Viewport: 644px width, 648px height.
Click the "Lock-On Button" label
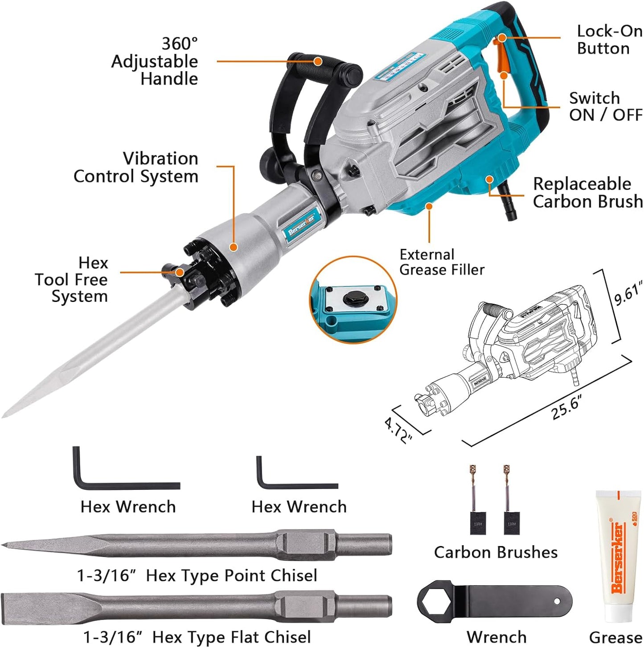[609, 40]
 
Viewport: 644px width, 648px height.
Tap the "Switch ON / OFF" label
[605, 106]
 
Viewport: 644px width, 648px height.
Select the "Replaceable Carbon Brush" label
[587, 193]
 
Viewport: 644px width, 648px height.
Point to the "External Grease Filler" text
[441, 262]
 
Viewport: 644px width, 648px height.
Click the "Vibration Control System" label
[136, 167]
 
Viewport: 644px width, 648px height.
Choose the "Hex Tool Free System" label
[72, 280]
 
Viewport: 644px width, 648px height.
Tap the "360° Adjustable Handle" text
[155, 61]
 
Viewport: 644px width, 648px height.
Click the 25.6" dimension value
[566, 408]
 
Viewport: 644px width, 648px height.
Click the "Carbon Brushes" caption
[496, 552]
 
